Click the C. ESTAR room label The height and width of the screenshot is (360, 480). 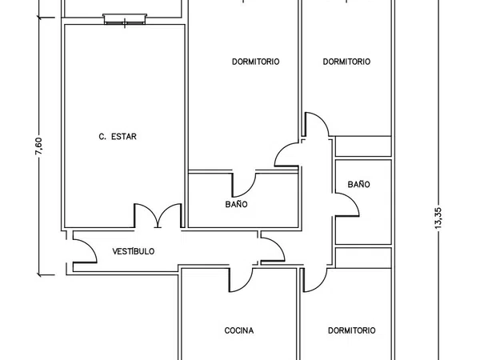(x=118, y=137)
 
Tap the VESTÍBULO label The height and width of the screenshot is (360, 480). (x=133, y=251)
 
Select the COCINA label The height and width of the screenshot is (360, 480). (x=238, y=330)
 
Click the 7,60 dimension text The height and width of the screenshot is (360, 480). (x=39, y=146)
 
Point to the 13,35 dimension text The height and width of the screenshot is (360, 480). (x=438, y=218)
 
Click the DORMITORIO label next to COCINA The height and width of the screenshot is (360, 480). (x=351, y=330)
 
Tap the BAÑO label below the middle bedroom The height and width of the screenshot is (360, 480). (x=236, y=204)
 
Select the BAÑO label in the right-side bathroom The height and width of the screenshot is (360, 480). (x=358, y=184)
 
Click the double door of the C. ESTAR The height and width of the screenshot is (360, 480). (x=158, y=215)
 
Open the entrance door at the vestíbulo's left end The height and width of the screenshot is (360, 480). (x=85, y=251)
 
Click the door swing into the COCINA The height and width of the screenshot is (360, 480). (x=241, y=280)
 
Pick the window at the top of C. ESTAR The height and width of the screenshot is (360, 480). (x=125, y=19)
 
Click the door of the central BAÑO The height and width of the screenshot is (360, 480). (x=244, y=185)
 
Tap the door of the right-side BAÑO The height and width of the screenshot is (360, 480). (x=346, y=205)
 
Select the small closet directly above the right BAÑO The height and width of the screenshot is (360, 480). (x=363, y=146)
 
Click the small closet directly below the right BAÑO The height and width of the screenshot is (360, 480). (x=363, y=258)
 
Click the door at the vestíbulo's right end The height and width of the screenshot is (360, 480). (x=273, y=250)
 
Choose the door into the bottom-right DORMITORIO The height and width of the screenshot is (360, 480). (x=315, y=280)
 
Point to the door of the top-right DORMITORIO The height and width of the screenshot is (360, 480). (x=317, y=124)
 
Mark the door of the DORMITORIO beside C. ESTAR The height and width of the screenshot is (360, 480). (x=286, y=154)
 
